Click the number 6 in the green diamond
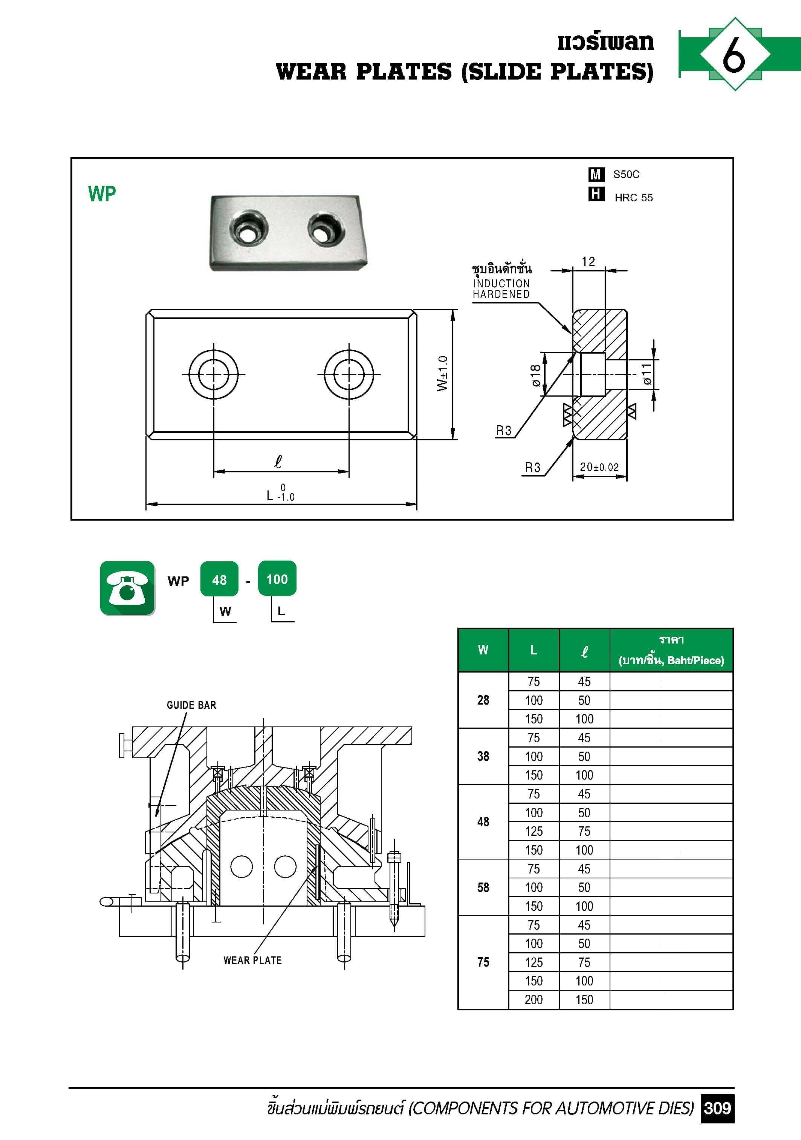point(734,54)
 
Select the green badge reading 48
point(219,579)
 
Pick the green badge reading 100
point(277,578)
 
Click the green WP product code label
point(102,194)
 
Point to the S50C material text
point(626,174)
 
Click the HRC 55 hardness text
point(633,198)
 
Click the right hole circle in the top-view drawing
point(349,374)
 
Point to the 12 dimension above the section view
point(588,262)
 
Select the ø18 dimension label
point(535,375)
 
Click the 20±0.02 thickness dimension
point(599,467)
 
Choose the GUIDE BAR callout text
point(191,705)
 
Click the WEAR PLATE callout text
point(252,960)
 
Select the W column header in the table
point(483,650)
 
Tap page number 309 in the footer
point(717,1108)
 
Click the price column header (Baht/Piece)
point(671,650)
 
